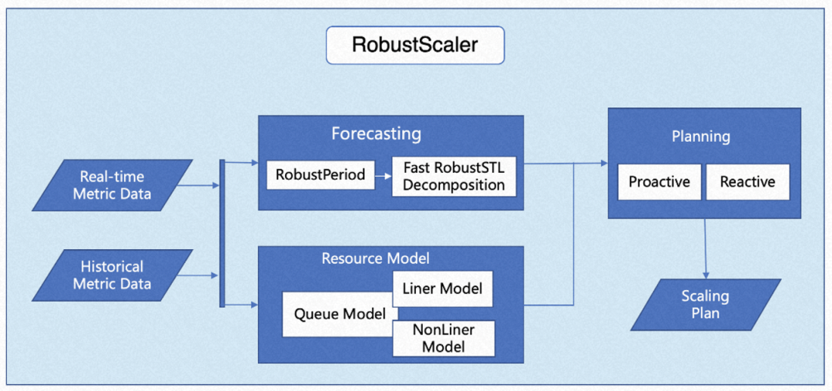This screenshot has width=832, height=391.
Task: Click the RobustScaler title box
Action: pyautogui.click(x=415, y=45)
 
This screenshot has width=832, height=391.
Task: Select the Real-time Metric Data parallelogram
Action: pyautogui.click(x=112, y=185)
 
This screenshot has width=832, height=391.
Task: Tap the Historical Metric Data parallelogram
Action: pyautogui.click(x=112, y=275)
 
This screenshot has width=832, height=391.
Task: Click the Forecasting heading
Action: pyautogui.click(x=376, y=133)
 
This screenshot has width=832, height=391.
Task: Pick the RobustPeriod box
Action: pyautogui.click(x=320, y=174)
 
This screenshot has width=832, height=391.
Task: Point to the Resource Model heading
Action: pyautogui.click(x=375, y=258)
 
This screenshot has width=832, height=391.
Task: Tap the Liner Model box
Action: pyautogui.click(x=442, y=288)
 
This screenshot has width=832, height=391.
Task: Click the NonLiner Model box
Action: pyautogui.click(x=443, y=339)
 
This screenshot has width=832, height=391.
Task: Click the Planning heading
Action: pyautogui.click(x=701, y=137)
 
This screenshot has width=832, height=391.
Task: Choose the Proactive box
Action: pyautogui.click(x=659, y=182)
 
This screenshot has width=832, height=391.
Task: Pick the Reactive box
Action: pyautogui.click(x=747, y=182)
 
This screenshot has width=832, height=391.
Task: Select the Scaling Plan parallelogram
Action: pyautogui.click(x=705, y=305)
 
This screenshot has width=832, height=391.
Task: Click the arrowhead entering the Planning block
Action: pyautogui.click(x=602, y=163)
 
